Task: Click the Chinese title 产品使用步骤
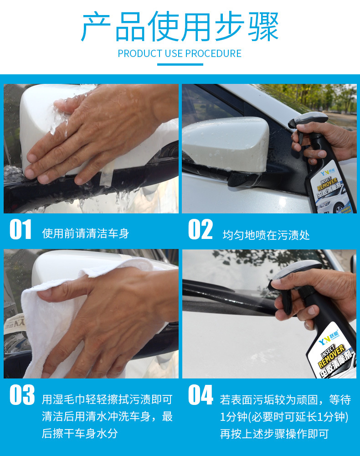(180, 27)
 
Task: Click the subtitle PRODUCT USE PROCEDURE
(180, 53)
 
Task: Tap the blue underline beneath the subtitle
(180, 64)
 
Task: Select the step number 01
(21, 230)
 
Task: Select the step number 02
(200, 230)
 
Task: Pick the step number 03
(21, 395)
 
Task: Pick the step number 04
(201, 395)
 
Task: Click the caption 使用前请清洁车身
(86, 234)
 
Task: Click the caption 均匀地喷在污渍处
(266, 235)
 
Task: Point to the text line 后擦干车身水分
(80, 433)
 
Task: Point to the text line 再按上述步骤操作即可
(274, 434)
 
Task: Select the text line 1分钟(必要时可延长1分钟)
(284, 417)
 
